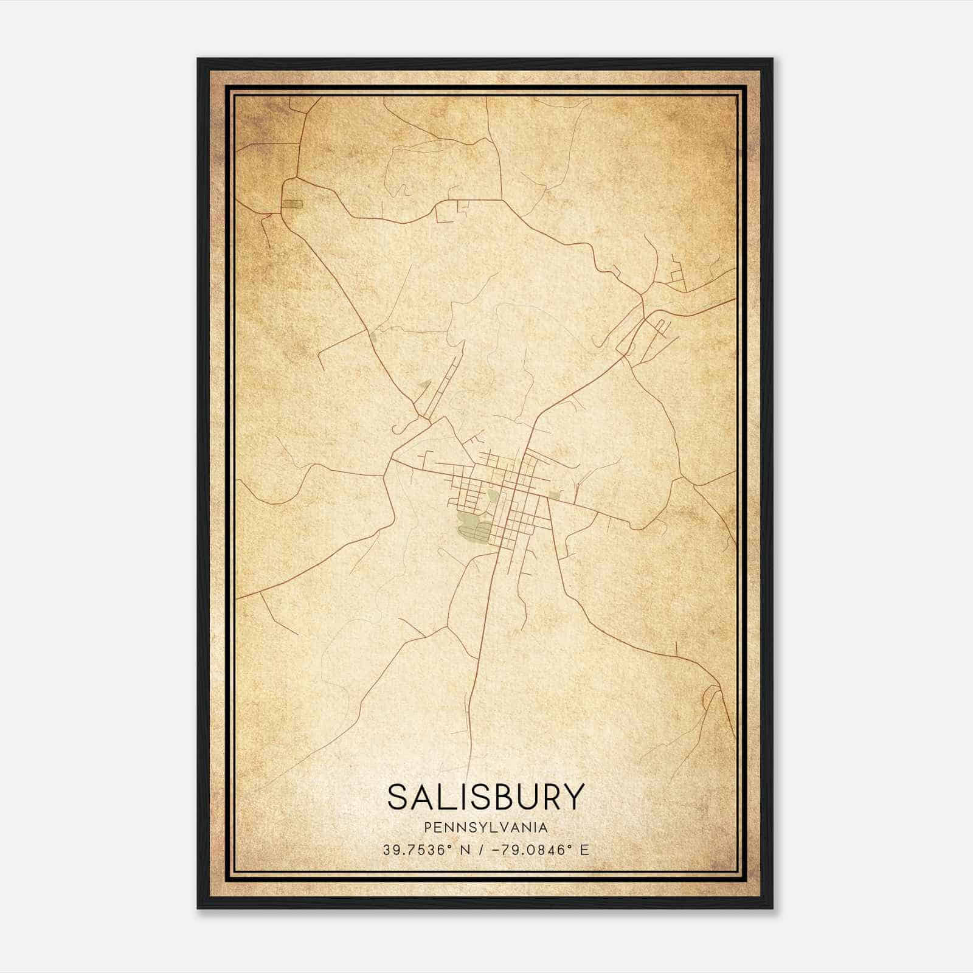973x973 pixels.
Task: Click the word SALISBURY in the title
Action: (x=486, y=797)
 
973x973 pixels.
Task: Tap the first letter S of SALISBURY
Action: (x=398, y=797)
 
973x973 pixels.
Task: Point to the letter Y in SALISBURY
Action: (x=573, y=797)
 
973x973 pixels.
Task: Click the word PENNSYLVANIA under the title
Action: (x=486, y=828)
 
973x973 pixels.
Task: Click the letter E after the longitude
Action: (x=584, y=850)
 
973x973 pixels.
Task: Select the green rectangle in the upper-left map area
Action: (x=293, y=204)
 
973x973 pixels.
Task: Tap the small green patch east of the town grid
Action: (x=553, y=495)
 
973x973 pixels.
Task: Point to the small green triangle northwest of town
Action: (x=424, y=385)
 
